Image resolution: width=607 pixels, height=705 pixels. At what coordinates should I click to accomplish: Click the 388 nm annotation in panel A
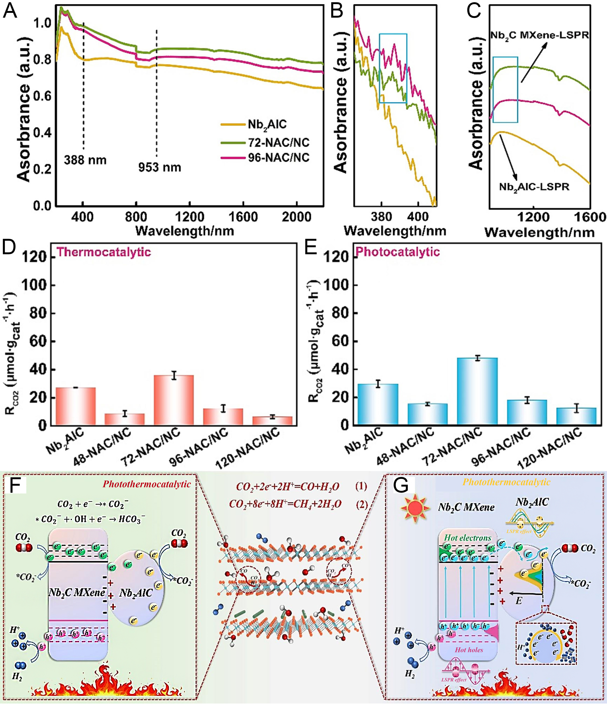click(85, 160)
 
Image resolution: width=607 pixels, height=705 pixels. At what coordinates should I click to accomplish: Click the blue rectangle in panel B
click(393, 68)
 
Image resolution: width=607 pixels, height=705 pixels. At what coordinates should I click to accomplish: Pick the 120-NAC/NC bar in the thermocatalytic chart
click(272, 421)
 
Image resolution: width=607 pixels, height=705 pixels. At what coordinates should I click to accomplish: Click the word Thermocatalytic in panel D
click(103, 252)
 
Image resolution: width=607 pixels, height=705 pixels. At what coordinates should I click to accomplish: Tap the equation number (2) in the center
click(361, 504)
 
